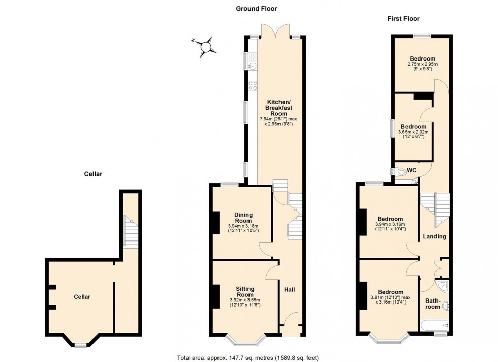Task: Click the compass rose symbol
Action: (x=206, y=46)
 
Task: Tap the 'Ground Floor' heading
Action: (x=256, y=8)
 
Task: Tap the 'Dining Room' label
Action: (x=243, y=218)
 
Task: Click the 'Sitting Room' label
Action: (x=245, y=292)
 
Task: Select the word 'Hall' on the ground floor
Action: (x=289, y=290)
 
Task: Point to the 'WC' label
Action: (x=412, y=170)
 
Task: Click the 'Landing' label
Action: (x=434, y=236)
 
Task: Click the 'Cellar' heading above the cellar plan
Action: (x=93, y=174)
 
